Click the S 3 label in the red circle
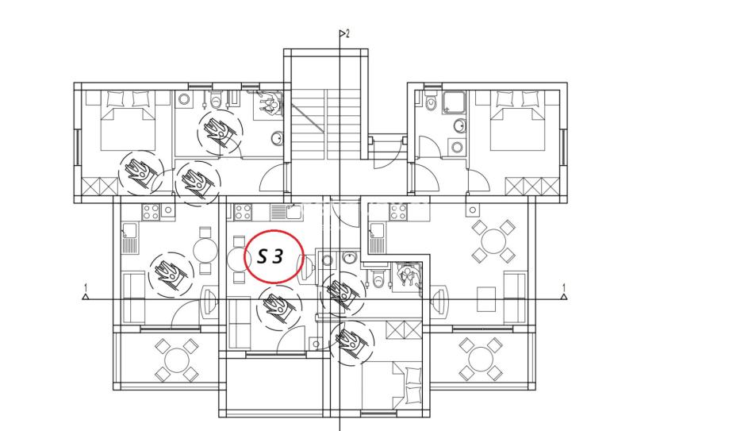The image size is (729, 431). pos(270,256)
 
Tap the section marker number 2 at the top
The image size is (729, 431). pos(347,33)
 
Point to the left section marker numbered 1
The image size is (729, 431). pos(85,292)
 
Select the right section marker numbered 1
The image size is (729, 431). pos(564,292)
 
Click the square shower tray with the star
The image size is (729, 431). pos(454,102)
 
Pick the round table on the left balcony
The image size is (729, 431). pos(177,360)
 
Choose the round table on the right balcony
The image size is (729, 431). pos(481,360)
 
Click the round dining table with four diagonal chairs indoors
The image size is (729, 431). pos(493,241)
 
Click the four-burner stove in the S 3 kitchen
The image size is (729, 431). pos(243,212)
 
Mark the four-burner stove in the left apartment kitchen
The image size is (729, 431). pos(151,212)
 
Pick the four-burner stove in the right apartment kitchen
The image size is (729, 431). pos(398,212)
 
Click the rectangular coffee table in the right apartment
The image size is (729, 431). pos(486,299)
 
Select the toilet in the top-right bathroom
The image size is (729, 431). pos(431,102)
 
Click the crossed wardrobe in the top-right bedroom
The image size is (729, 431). pos(532,187)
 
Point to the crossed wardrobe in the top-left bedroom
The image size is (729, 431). pos(101,187)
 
